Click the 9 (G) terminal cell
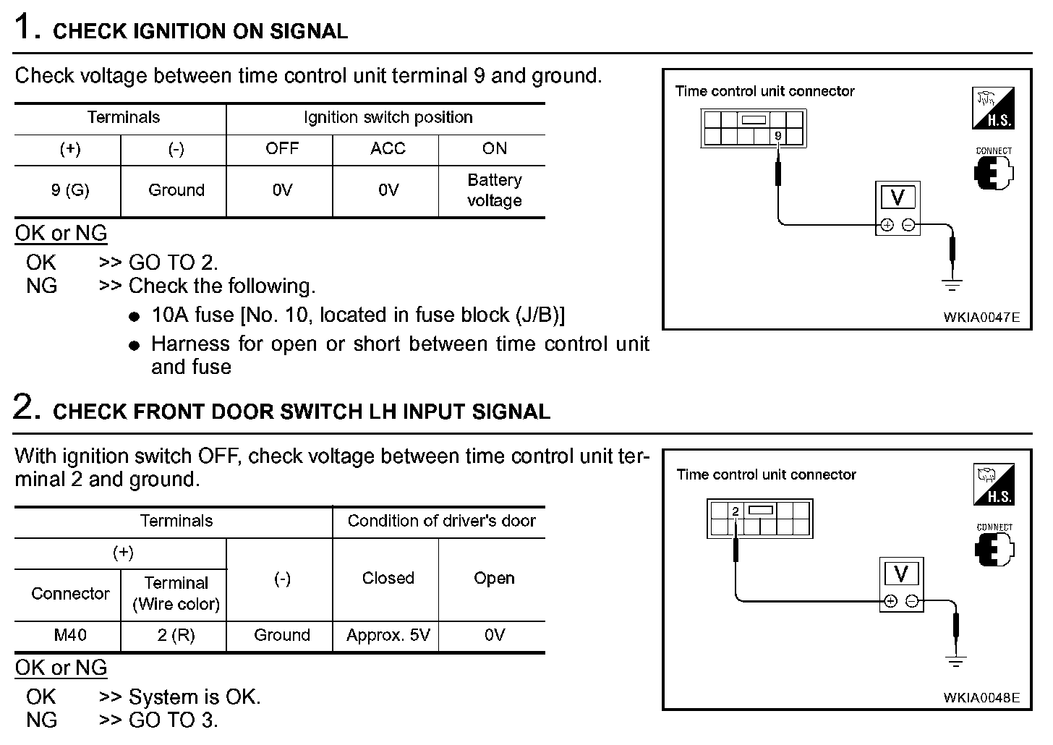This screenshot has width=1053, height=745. [70, 190]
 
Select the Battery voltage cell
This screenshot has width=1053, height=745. [494, 190]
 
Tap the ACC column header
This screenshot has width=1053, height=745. [388, 149]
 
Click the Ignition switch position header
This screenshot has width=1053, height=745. [388, 117]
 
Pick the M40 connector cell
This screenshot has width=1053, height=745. [70, 635]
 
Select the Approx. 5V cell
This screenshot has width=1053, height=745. [388, 635]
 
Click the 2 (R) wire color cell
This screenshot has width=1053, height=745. [176, 635]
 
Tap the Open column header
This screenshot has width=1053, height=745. [494, 579]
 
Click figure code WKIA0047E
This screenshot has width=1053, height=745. [981, 317]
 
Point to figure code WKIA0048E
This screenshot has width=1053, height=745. [981, 697]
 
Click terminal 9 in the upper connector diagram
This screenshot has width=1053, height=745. [778, 136]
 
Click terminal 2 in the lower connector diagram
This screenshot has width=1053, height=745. [736, 511]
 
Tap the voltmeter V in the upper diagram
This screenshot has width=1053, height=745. [898, 197]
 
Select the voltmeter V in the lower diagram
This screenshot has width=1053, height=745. [901, 574]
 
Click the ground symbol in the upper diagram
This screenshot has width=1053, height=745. [952, 284]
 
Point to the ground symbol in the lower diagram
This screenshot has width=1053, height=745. [956, 660]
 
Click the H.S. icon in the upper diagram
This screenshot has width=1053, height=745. [993, 108]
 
